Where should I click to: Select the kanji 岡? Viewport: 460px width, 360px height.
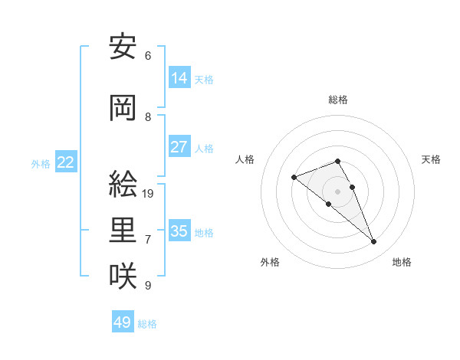click(x=123, y=109)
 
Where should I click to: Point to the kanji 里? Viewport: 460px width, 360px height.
click(x=123, y=231)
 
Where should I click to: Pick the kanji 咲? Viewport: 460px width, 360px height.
click(x=123, y=277)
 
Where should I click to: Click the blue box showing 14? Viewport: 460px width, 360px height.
click(x=179, y=77)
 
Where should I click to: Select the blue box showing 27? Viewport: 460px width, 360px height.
click(x=179, y=147)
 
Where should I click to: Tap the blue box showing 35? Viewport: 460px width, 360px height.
click(x=179, y=231)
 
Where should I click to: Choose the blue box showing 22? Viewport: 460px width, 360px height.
click(x=66, y=162)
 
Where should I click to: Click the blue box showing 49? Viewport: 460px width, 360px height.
click(x=123, y=322)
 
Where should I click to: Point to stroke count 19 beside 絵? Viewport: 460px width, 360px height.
click(x=149, y=193)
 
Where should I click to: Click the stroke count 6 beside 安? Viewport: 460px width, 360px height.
click(x=148, y=56)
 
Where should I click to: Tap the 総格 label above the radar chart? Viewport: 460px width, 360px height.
click(x=338, y=100)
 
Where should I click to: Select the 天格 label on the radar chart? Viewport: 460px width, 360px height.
click(x=431, y=159)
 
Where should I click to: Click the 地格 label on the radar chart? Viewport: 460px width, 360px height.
click(x=402, y=262)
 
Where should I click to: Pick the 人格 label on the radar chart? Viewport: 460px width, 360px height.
click(x=245, y=159)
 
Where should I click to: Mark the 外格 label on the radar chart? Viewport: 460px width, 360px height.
click(x=270, y=262)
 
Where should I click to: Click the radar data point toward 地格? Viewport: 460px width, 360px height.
click(x=373, y=242)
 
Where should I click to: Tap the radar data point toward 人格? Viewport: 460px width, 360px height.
click(x=294, y=178)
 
